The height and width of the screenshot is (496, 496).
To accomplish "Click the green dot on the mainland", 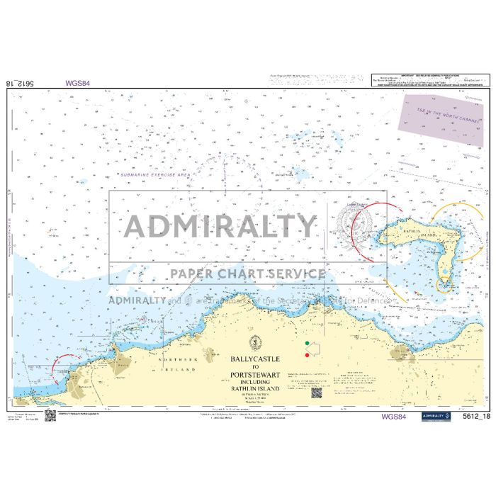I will [x=306, y=344].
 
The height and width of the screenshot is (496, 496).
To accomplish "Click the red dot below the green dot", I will [x=306, y=355].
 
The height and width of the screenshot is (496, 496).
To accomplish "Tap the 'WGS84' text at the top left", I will [x=77, y=83].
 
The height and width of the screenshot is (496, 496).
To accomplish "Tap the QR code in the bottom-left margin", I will [x=50, y=415].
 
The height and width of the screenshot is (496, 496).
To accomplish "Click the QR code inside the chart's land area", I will [x=317, y=393].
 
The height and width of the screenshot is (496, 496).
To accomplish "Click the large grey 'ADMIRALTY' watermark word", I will [x=220, y=226].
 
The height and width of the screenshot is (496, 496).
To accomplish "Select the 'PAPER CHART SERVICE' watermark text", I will [x=244, y=274].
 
